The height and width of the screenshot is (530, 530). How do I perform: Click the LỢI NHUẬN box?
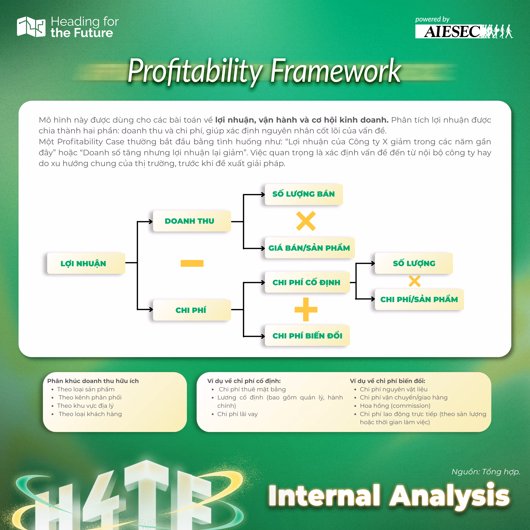click(86, 263)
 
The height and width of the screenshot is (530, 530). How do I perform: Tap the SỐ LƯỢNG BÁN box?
click(304, 194)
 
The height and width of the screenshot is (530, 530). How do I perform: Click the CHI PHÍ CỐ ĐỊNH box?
click(307, 282)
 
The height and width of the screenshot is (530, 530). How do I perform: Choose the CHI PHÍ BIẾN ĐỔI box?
click(307, 335)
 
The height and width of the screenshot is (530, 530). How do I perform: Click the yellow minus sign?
click(192, 263)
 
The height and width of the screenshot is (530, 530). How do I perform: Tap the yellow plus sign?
click(306, 310)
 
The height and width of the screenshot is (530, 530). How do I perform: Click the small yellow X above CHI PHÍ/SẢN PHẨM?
click(414, 281)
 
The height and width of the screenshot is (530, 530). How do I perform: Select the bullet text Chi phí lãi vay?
click(238, 414)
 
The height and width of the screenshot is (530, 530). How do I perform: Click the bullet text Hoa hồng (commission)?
click(395, 406)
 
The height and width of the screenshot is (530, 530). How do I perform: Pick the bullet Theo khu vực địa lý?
click(85, 406)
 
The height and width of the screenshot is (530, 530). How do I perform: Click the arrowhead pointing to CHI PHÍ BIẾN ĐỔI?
click(263, 336)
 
